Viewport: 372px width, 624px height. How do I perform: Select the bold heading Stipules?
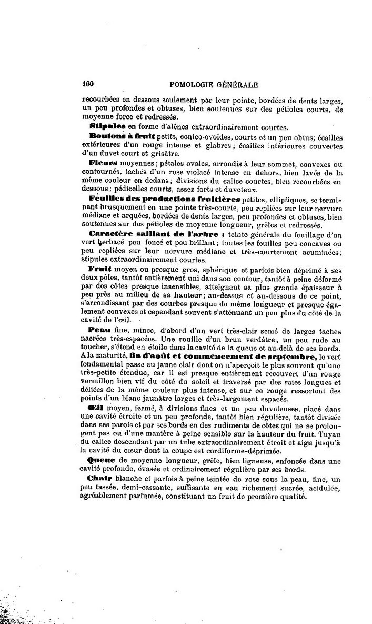pyautogui.click(x=107, y=127)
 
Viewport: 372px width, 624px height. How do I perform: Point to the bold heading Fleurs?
pyautogui.click(x=102, y=163)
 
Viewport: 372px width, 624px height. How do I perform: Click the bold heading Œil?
pyautogui.click(x=98, y=409)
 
